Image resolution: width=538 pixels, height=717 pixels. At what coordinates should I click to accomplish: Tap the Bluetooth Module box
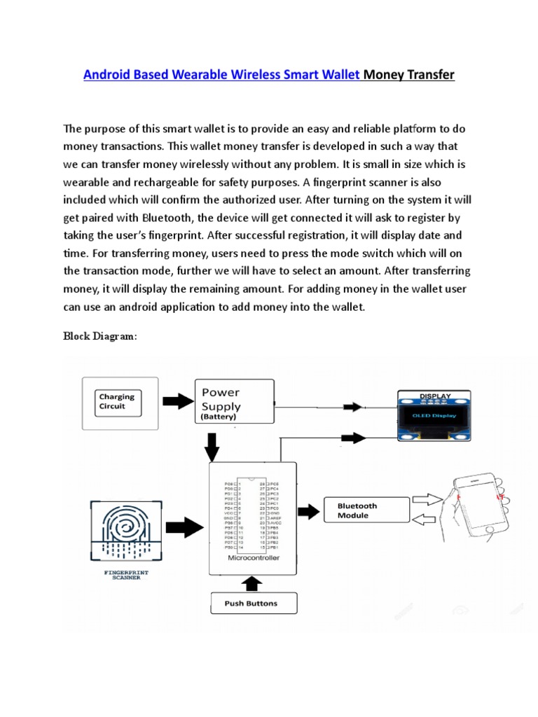pyautogui.click(x=366, y=510)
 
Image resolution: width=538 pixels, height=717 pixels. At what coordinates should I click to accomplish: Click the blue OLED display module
pyautogui.click(x=434, y=416)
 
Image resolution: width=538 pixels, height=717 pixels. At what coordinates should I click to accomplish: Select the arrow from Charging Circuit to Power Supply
pyautogui.click(x=178, y=401)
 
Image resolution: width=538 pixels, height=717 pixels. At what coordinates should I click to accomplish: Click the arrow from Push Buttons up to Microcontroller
pyautogui.click(x=251, y=583)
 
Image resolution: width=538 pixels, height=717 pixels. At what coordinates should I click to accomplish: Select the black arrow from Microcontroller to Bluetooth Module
pyautogui.click(x=309, y=509)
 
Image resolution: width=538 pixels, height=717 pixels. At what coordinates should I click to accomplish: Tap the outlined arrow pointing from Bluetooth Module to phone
pyautogui.click(x=426, y=499)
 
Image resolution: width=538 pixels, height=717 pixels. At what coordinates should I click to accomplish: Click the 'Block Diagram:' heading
pyautogui.click(x=100, y=336)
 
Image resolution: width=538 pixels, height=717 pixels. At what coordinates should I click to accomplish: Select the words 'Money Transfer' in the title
pyautogui.click(x=409, y=75)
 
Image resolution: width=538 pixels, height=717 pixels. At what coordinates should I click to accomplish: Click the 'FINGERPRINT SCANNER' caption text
pyautogui.click(x=126, y=575)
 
